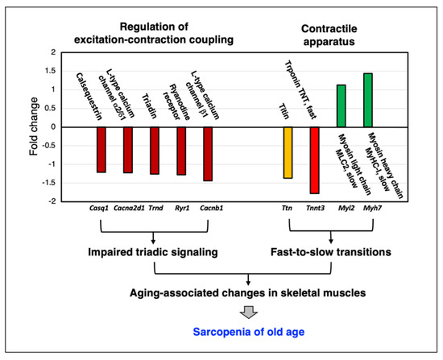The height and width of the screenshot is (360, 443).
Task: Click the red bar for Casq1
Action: [101, 149]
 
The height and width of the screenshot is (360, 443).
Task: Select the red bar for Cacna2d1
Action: [127, 149]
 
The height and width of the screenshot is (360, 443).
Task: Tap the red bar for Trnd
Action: [155, 150]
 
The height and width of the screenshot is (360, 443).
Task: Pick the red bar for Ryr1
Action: [181, 151]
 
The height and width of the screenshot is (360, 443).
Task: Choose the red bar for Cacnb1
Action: [208, 153]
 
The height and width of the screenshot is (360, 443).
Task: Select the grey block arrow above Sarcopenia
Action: [221, 310]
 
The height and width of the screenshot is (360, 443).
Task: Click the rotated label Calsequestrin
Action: [93, 93]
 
